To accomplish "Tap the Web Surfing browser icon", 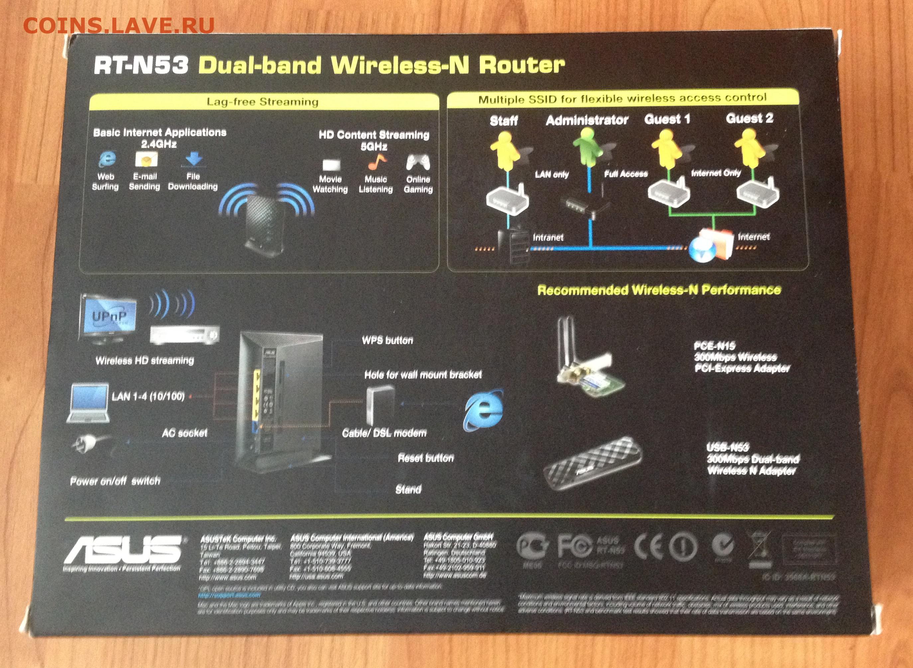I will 107,159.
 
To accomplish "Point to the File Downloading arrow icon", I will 193,159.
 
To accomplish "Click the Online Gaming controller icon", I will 418,163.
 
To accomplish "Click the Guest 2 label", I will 749,118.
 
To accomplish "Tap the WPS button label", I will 387,340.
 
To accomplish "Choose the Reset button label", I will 425,458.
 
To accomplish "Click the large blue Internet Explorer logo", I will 484,411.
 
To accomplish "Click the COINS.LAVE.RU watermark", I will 119,26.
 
